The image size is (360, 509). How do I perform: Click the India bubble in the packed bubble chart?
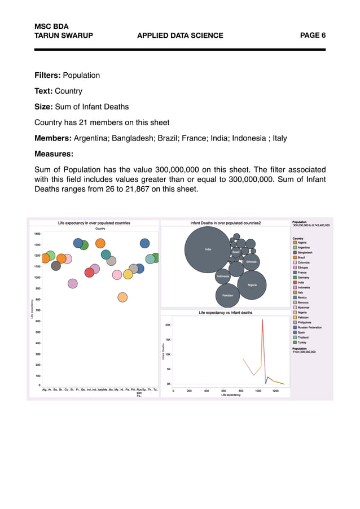208,249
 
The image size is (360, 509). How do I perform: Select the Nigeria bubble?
252,285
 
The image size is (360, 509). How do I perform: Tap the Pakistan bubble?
228,295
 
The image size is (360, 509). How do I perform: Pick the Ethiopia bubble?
251,262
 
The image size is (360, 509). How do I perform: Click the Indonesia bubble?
223,277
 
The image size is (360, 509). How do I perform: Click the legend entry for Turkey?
302,342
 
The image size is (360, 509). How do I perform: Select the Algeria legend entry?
302,243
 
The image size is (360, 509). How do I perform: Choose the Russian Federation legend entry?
310,327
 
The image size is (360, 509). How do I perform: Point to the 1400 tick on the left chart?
37,234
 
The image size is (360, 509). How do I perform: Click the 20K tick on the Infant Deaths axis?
168,325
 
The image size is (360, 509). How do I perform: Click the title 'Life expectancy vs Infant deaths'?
225,312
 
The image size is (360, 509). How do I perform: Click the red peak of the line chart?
262,320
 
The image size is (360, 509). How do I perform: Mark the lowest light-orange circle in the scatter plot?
122,297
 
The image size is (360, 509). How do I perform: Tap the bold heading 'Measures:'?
54,153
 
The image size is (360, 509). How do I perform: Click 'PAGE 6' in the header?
313,36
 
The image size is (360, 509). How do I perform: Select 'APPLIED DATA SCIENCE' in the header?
180,36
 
